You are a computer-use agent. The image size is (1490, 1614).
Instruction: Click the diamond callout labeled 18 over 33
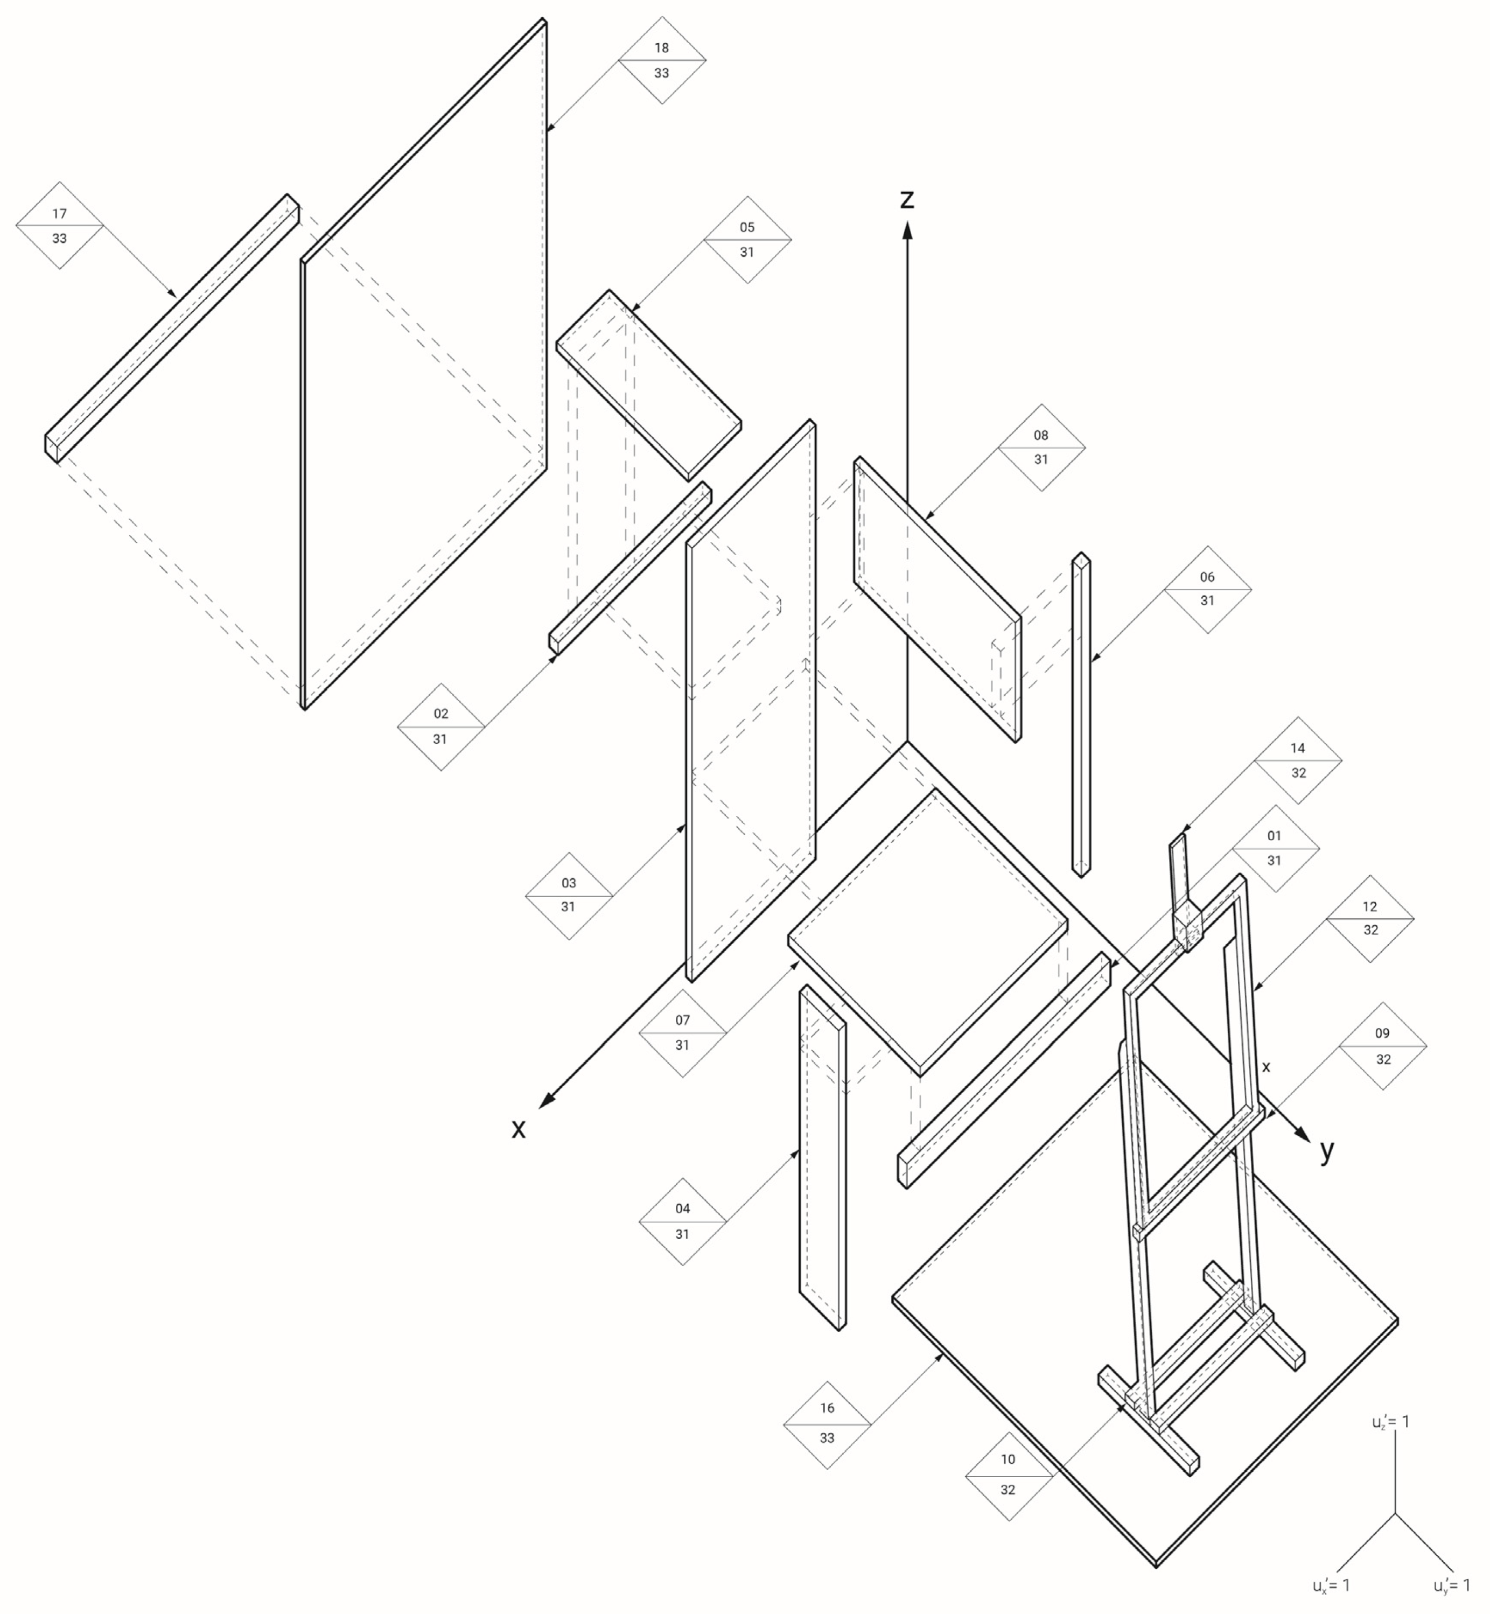[662, 60]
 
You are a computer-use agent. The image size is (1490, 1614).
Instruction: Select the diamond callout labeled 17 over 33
[60, 226]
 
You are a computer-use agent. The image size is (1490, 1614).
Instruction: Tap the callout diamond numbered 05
[747, 240]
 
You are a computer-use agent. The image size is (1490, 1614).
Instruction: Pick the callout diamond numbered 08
[1041, 448]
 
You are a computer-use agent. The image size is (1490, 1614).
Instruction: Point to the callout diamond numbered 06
[1207, 589]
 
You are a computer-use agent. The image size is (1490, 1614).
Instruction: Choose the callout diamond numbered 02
[440, 726]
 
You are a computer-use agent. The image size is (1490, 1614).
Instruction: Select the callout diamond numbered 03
[569, 895]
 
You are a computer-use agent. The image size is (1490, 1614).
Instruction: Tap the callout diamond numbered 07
[682, 1033]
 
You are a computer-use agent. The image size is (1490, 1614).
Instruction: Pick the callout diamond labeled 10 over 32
[1008, 1476]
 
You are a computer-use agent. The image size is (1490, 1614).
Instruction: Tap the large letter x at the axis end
[519, 1129]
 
